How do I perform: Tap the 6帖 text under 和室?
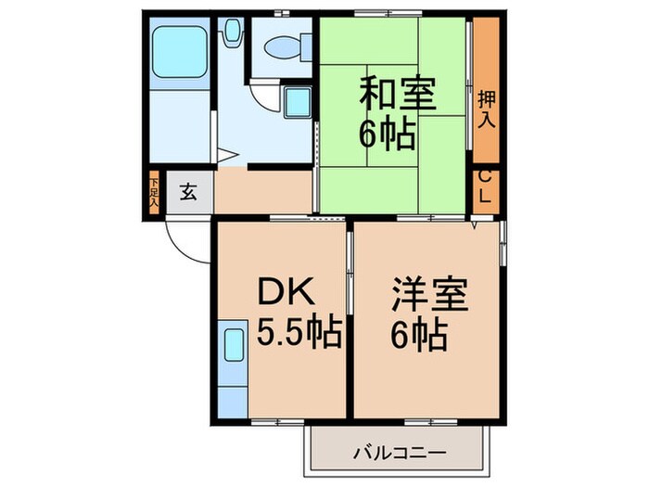[387, 137]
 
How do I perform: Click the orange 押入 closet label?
[486, 109]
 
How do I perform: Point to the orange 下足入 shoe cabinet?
[154, 193]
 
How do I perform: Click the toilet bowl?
[282, 45]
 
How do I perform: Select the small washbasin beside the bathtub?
[231, 34]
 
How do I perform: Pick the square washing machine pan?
[298, 100]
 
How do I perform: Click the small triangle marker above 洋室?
[475, 225]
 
